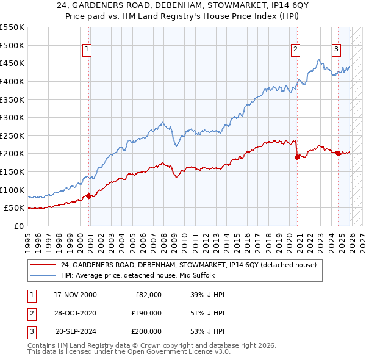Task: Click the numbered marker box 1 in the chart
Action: (x=87, y=50)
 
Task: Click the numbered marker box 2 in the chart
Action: (x=295, y=50)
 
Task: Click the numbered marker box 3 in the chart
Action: (x=336, y=50)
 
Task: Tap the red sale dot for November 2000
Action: (x=89, y=196)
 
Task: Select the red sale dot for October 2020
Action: (x=298, y=157)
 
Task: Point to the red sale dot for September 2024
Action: (x=338, y=153)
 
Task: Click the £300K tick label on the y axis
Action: (x=12, y=117)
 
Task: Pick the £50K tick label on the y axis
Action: (x=15, y=208)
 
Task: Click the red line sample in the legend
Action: (x=43, y=265)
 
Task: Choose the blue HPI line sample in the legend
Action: (x=43, y=275)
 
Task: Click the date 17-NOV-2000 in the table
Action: (x=75, y=295)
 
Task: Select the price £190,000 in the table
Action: (x=146, y=313)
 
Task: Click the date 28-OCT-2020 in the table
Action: (x=75, y=313)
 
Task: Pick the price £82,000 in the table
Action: (x=148, y=295)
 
